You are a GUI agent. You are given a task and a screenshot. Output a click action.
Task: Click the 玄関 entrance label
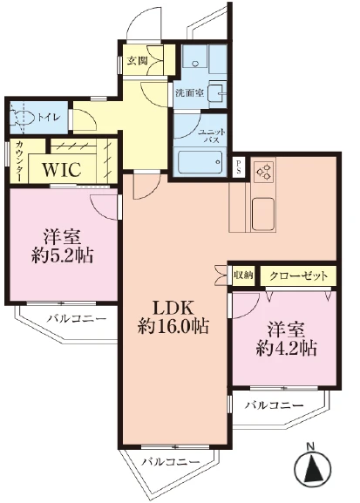pos(136,61)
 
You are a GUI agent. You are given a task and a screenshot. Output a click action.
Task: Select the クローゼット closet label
pos(298,275)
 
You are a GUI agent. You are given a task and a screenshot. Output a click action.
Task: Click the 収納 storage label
pos(243,275)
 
